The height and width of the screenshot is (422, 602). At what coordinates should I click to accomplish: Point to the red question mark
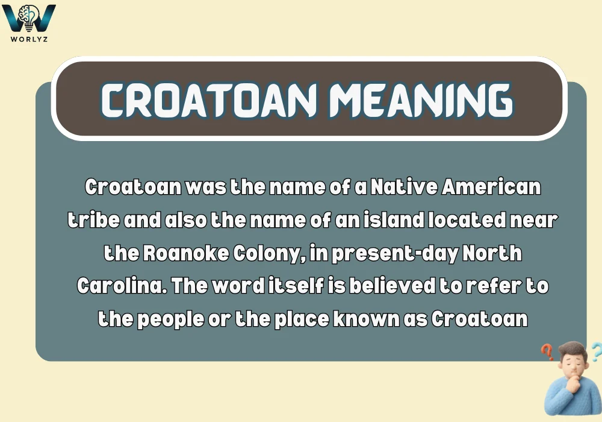(x=547, y=351)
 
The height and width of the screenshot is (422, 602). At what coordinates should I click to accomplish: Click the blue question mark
(x=595, y=350)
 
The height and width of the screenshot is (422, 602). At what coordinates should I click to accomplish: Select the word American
(x=492, y=187)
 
